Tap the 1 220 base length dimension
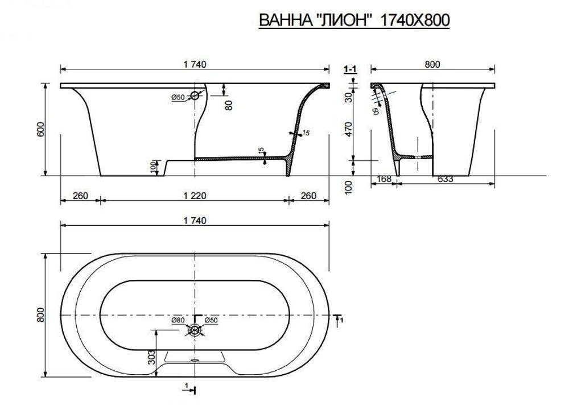click(195, 196)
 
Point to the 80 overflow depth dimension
click(229, 104)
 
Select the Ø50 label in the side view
click(178, 97)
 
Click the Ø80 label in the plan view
click(178, 320)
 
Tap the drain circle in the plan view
click(195, 329)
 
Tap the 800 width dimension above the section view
click(432, 64)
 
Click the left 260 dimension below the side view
click(80, 196)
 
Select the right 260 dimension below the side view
click(308, 196)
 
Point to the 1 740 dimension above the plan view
click(195, 220)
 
